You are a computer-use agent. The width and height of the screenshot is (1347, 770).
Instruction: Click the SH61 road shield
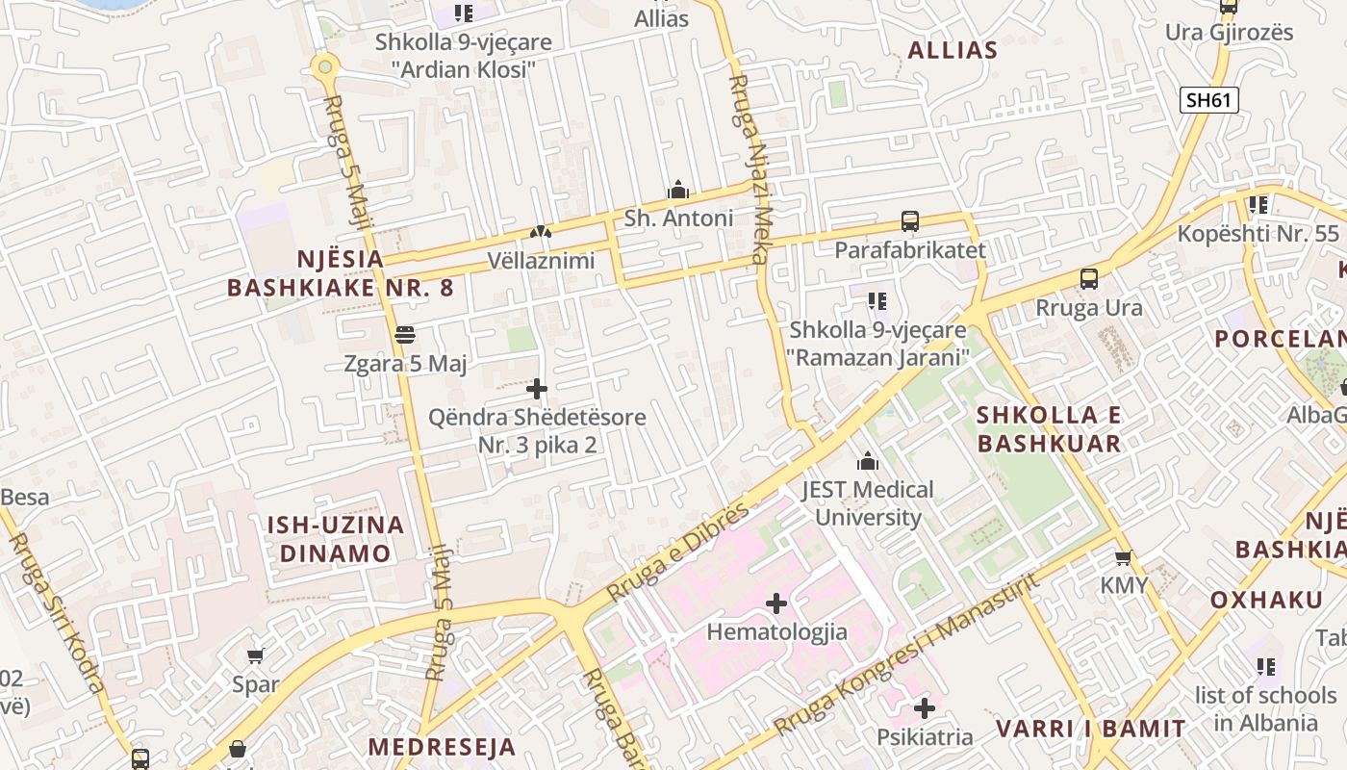point(1209,99)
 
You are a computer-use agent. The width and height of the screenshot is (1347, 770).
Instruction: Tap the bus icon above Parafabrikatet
point(910,221)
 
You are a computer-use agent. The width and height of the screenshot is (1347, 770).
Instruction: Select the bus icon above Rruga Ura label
point(1089,279)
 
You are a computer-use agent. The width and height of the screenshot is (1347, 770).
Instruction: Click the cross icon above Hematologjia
point(776,603)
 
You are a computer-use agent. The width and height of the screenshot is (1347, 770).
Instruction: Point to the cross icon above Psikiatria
point(925,708)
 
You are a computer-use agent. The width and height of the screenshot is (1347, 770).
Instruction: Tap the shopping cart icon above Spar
point(255,655)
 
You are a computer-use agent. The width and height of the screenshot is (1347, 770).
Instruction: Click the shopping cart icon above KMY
point(1123,557)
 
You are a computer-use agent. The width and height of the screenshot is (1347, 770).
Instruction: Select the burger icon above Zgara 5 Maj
point(405,335)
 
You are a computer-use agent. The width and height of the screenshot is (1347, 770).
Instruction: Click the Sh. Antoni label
point(678,218)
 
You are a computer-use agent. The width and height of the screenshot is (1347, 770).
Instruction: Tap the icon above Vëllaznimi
point(541,232)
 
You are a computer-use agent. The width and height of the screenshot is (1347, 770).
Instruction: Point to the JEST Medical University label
point(868,503)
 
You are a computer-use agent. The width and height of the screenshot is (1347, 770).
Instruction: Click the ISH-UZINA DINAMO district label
point(335,539)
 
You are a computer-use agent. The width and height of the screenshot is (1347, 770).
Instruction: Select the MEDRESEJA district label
point(442,747)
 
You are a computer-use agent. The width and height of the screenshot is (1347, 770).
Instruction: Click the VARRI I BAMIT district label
point(1090,729)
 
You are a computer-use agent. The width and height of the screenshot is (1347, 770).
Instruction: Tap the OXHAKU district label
point(1266,600)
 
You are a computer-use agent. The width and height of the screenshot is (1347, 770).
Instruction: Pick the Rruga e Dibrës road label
point(677,552)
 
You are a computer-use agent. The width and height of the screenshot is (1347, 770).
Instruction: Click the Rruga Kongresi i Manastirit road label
point(904,654)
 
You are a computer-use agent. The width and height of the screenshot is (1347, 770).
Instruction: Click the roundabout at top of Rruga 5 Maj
point(325,66)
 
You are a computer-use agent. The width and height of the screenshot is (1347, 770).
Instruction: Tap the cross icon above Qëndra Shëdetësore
point(537,389)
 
